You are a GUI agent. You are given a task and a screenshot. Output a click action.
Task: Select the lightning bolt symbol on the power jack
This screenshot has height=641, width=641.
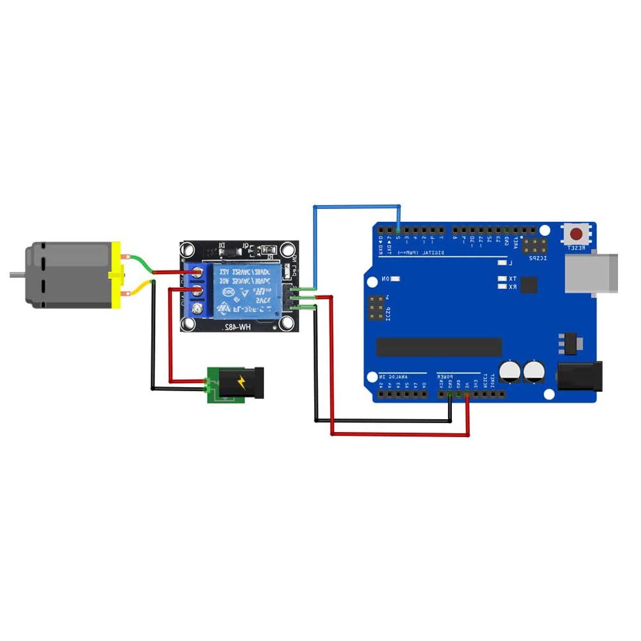[242, 382]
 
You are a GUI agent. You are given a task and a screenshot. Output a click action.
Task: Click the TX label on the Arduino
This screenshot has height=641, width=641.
[513, 279]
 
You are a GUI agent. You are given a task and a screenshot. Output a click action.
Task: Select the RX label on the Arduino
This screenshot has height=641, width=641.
[513, 287]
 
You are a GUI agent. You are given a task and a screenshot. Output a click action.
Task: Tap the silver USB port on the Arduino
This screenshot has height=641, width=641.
[592, 274]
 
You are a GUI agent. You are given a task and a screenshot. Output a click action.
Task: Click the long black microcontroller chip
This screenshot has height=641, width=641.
[438, 346]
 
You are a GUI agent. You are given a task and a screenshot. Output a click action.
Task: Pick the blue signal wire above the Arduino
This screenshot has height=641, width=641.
[356, 206]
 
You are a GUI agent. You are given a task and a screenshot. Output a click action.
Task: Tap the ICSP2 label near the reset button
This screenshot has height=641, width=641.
[536, 258]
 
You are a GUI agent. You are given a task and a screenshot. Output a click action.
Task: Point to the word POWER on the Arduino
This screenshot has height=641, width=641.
[446, 375]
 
